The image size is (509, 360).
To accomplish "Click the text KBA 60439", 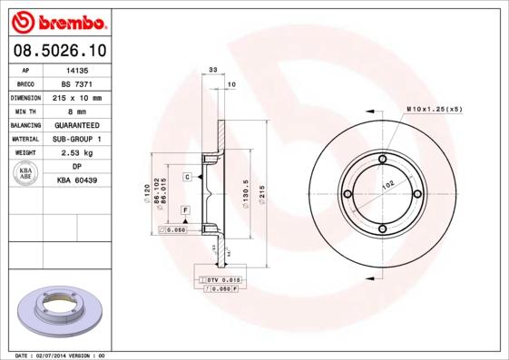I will click(76, 181).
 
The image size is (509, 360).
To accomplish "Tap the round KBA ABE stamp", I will click(24, 174).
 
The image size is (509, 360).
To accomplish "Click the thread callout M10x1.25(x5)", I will click(434, 109).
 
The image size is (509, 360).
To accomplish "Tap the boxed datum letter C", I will click(187, 177).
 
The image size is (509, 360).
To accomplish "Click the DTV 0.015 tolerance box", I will click(218, 279).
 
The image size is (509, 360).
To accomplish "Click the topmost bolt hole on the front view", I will click(382, 161).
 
